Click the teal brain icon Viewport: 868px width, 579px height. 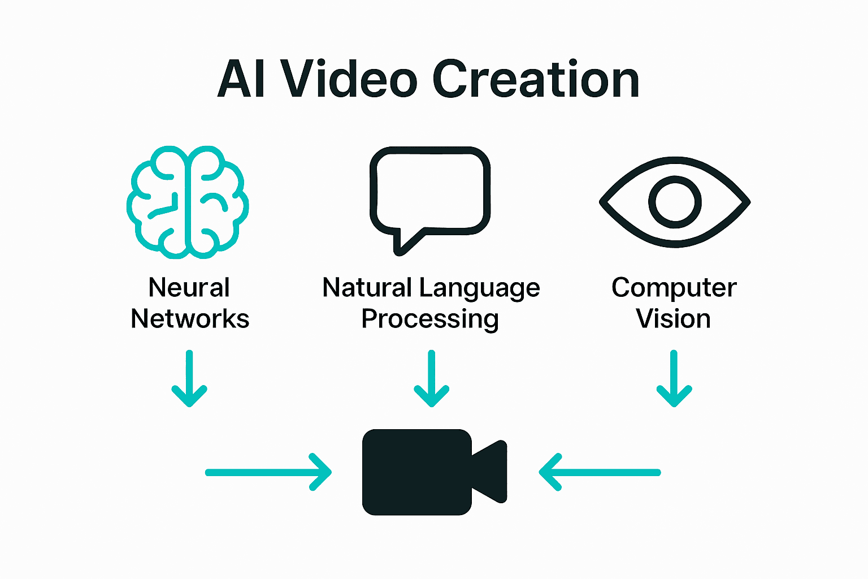tap(188, 202)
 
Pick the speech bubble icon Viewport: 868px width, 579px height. tap(430, 192)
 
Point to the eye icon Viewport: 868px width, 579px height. tap(675, 202)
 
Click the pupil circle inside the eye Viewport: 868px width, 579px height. tap(675, 202)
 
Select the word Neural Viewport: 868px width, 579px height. tap(189, 287)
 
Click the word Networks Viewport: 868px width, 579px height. tap(190, 319)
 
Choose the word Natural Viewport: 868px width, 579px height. tap(367, 287)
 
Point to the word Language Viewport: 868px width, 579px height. tap(479, 288)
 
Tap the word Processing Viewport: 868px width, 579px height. tap(430, 319)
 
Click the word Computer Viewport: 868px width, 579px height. tap(674, 288)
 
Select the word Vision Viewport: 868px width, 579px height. tap(673, 319)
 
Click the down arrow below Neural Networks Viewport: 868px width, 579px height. tap(189, 378)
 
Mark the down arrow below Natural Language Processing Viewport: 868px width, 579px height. tap(432, 378)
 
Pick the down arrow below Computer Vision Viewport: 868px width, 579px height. tap(674, 378)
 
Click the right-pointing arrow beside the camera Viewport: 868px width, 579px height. tap(268, 472)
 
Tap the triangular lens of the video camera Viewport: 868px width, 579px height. tap(491, 472)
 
